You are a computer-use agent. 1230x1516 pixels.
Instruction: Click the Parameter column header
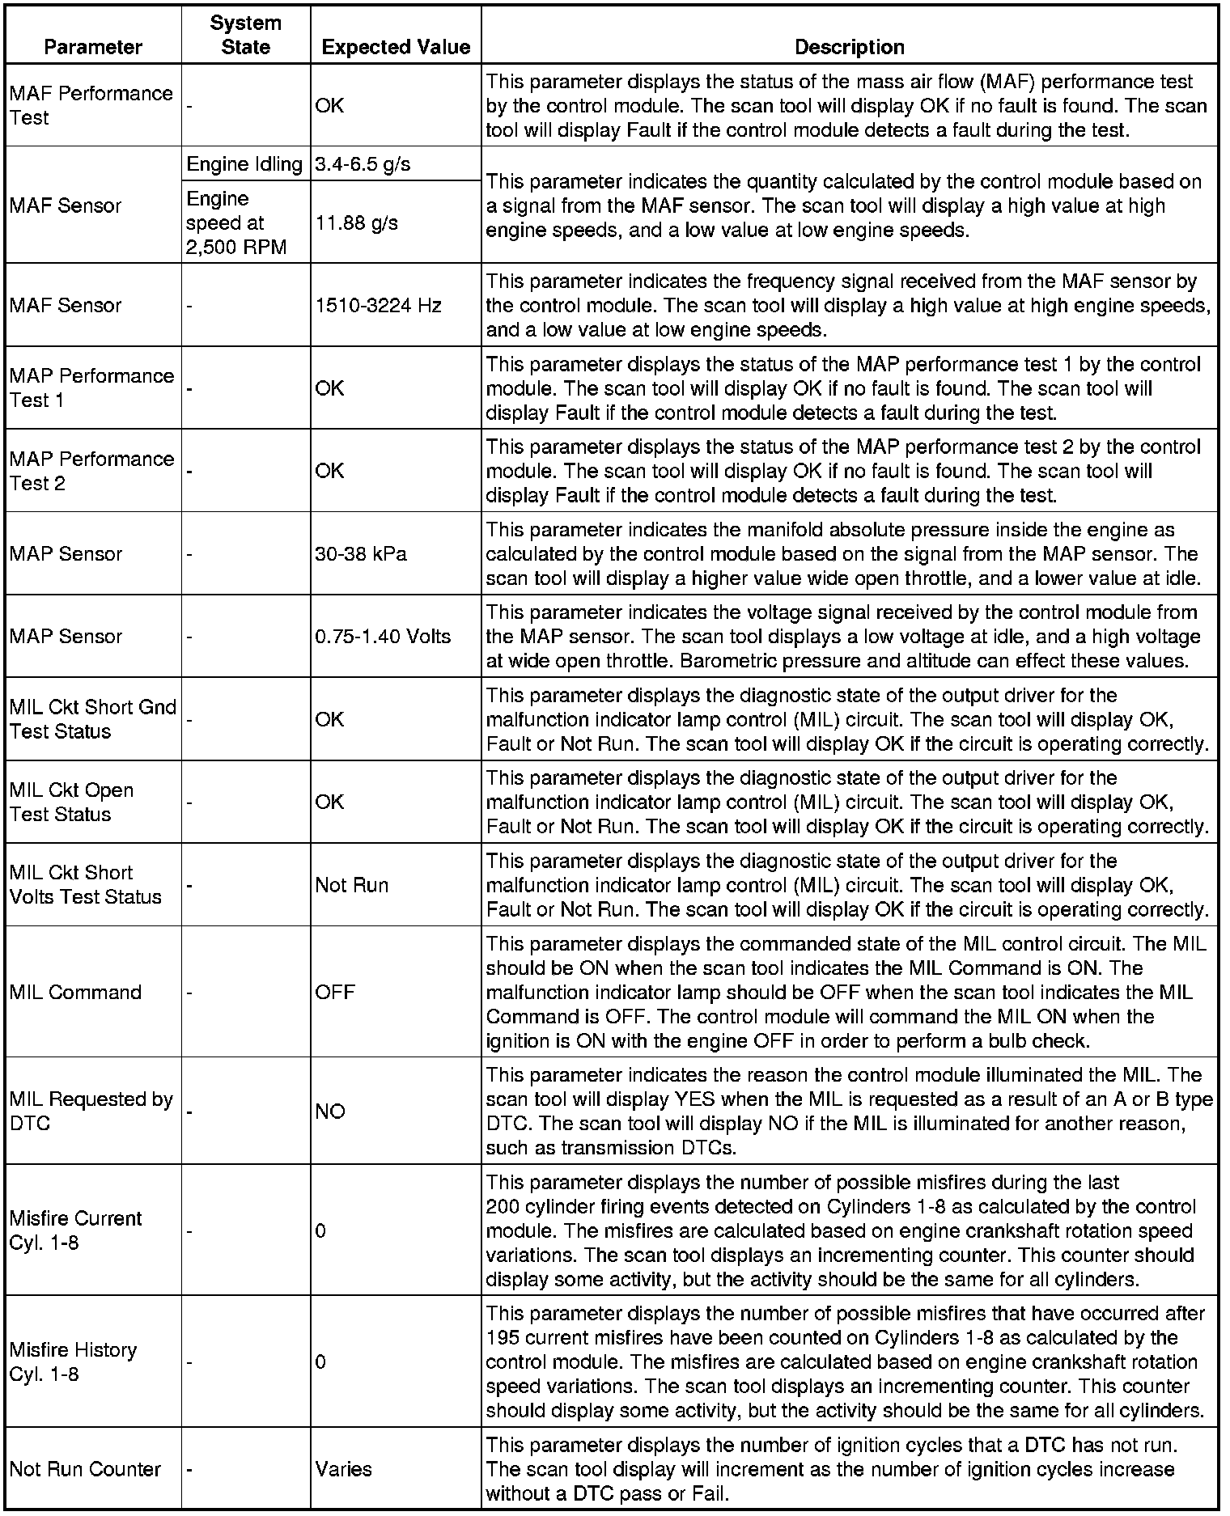[93, 47]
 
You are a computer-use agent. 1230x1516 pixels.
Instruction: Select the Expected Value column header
[396, 47]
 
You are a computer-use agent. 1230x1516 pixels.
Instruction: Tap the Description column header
[850, 47]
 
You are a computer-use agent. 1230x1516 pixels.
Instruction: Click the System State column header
[245, 35]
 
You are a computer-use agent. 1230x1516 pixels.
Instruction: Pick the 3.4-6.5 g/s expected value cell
[363, 164]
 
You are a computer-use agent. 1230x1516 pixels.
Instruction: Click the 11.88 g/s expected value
[357, 222]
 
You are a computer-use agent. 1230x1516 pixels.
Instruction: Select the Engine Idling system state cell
[244, 164]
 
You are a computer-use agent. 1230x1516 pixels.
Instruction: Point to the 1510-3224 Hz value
[379, 306]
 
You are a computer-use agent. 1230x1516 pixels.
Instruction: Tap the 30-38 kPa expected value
[361, 554]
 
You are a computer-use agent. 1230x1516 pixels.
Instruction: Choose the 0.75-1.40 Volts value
[383, 637]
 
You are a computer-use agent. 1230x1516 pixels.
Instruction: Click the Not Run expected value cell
[352, 885]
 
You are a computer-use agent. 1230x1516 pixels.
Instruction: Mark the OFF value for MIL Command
[335, 993]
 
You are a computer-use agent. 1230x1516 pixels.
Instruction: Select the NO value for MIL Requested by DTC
[330, 1112]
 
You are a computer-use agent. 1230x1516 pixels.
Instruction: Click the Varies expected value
[344, 1469]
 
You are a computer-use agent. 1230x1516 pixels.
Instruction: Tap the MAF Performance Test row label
[91, 105]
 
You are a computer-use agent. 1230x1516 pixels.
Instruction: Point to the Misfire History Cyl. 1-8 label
[74, 1361]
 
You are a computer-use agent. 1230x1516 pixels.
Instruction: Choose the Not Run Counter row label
[86, 1469]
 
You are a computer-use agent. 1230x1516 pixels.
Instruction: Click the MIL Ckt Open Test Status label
[72, 802]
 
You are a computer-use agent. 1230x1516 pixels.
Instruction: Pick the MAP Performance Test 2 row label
[92, 471]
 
